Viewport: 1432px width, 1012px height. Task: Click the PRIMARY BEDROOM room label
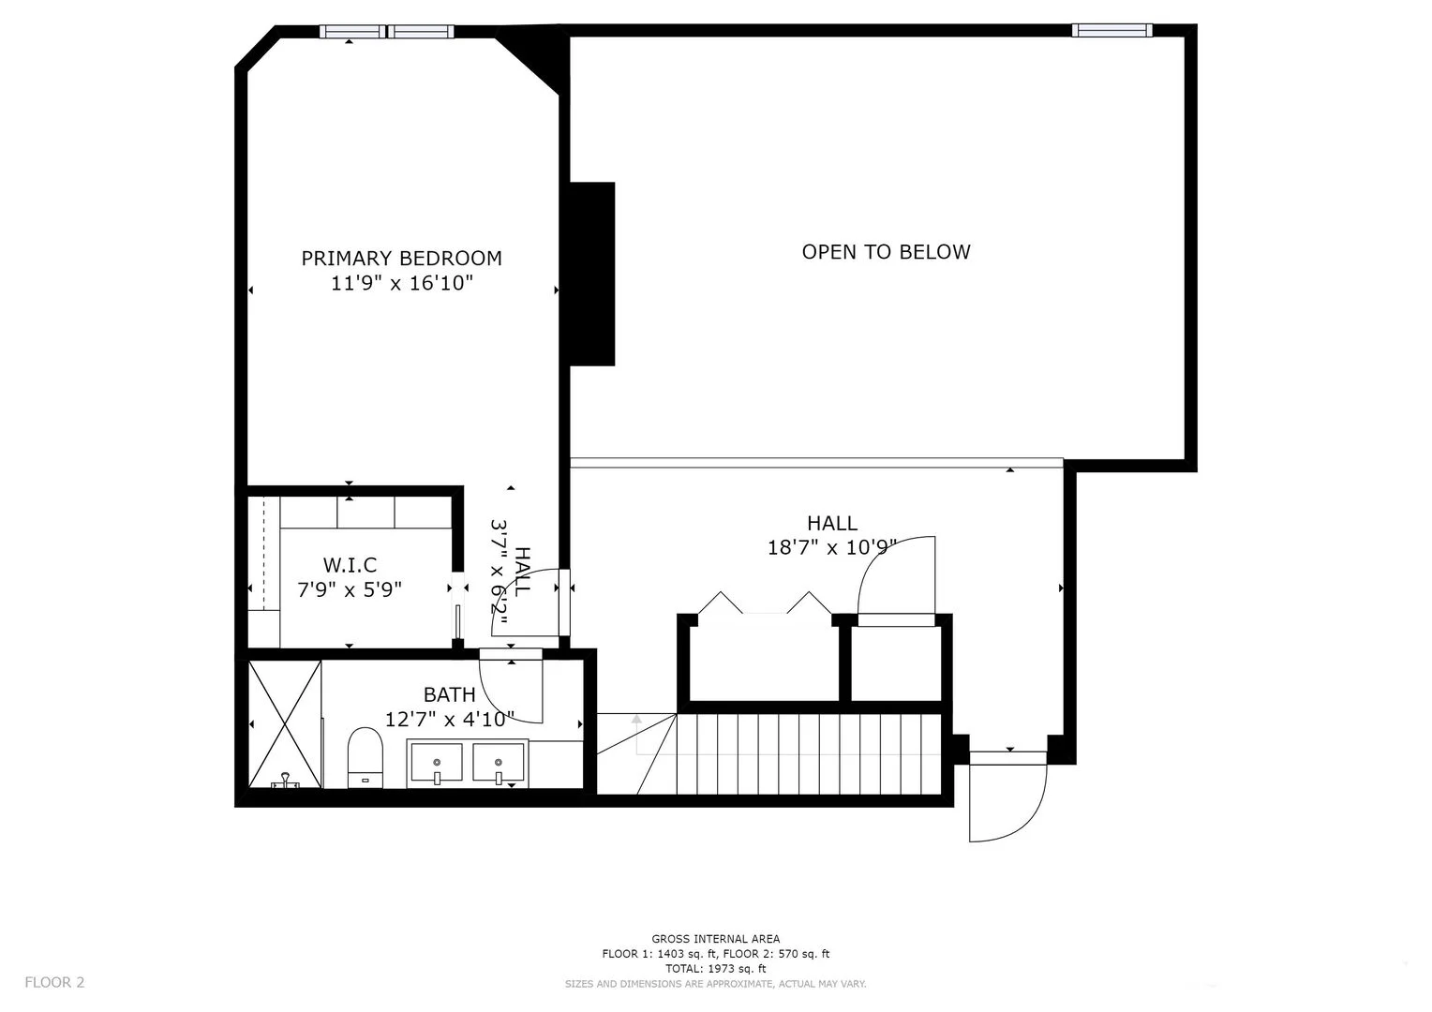pos(401,259)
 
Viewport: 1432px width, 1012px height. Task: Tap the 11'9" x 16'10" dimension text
pos(401,283)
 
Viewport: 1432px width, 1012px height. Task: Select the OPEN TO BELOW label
pos(886,252)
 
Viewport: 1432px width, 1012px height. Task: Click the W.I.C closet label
pos(350,565)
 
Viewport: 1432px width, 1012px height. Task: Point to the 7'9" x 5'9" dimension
pos(350,589)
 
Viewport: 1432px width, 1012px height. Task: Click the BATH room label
pos(449,694)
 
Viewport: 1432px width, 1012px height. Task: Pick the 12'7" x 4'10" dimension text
pos(450,719)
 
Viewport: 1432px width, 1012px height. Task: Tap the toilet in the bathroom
pos(365,757)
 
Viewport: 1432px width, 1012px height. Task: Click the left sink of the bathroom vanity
pos(436,762)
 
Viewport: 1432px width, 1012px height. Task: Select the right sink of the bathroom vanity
pos(499,762)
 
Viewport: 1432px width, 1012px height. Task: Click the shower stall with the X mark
pos(285,723)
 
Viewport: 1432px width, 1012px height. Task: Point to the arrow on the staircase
pos(637,722)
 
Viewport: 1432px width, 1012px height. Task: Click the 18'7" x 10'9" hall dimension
pos(832,547)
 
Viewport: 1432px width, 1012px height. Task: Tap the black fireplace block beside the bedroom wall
pos(592,274)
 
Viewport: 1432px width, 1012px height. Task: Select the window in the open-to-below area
pos(1111,31)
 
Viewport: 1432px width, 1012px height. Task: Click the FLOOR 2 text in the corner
pos(54,982)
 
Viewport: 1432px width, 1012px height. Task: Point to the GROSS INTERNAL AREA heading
pos(715,939)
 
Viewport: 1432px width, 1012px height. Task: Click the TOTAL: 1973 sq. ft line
pos(715,969)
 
